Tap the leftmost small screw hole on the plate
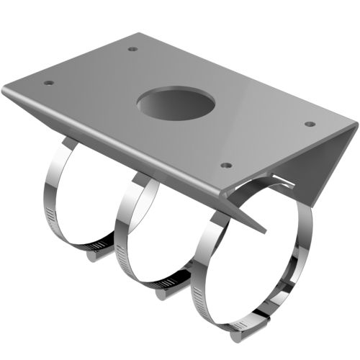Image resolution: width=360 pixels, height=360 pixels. tap(48, 83)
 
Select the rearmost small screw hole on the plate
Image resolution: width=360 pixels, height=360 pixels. tap(132, 49)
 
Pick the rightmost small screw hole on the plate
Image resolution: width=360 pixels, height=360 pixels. tap(310, 124)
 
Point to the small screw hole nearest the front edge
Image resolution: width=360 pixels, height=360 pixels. tap(226, 165)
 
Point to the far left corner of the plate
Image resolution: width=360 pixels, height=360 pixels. tap(4, 89)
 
